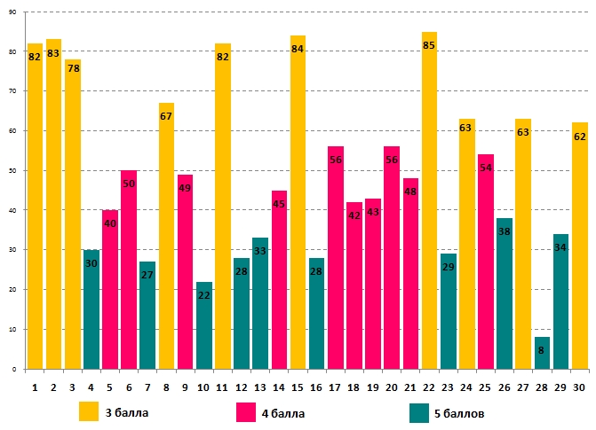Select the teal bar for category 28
(542, 353)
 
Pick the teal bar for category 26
(505, 293)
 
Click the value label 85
(429, 45)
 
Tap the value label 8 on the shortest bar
(542, 350)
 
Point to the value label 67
(166, 117)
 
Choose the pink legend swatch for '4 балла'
(247, 412)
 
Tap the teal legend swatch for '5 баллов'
(419, 412)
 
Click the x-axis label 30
(579, 387)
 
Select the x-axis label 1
(35, 387)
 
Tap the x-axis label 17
(335, 387)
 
